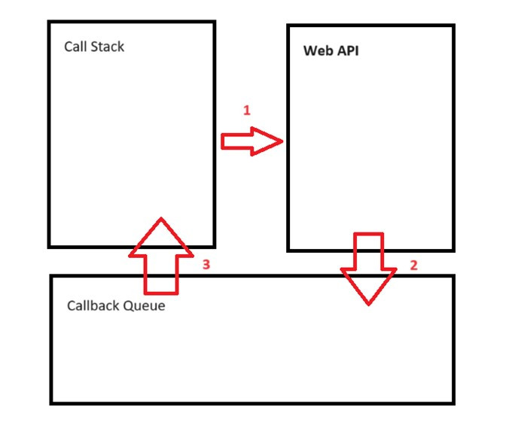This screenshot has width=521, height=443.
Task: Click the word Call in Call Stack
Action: pos(75,47)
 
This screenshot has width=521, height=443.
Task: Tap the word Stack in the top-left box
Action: pos(106,47)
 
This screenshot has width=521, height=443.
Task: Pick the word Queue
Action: pos(143,306)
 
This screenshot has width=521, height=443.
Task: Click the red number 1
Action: pos(246,110)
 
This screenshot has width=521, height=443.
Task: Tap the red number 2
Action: pos(413,265)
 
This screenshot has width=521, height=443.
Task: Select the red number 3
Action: pos(206,265)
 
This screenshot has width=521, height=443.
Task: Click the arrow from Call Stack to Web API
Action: pos(251,141)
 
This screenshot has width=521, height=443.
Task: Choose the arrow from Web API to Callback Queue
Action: pos(369,268)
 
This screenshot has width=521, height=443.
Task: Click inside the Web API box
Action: pos(371,150)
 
